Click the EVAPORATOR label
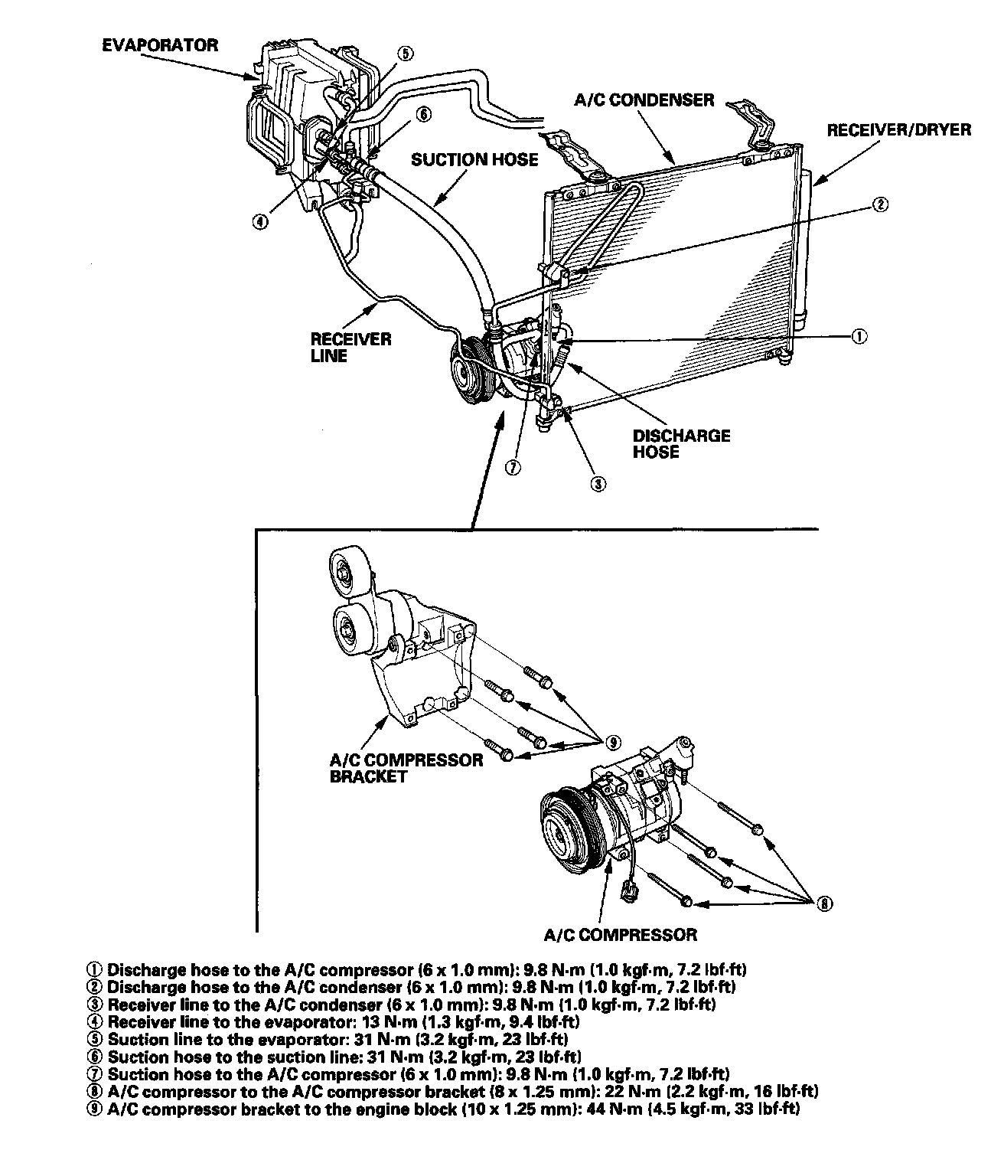[x=160, y=45]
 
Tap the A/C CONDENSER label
[x=643, y=100]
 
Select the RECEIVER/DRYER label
[x=898, y=129]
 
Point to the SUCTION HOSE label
[x=474, y=159]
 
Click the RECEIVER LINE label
[x=350, y=347]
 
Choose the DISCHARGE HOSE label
[x=681, y=443]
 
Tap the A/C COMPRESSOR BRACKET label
[x=406, y=767]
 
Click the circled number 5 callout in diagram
[x=405, y=53]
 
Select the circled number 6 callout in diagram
[x=422, y=115]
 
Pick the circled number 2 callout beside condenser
[x=880, y=204]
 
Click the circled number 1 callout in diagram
[x=859, y=336]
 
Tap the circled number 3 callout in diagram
[x=599, y=483]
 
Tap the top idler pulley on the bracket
[x=349, y=570]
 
